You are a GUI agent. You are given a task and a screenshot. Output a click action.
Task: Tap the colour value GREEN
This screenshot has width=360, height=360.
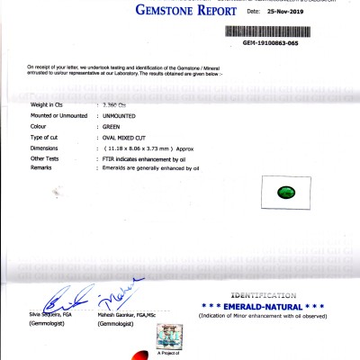click(x=114, y=127)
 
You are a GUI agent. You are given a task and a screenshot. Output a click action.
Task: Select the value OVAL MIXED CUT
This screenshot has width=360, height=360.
click(x=130, y=137)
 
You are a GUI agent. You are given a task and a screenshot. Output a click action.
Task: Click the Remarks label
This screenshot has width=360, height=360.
click(x=43, y=167)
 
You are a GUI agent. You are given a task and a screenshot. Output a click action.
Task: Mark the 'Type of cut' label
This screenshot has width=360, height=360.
click(x=47, y=137)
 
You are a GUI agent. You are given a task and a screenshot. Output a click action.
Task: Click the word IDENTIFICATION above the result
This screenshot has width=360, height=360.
click(x=264, y=295)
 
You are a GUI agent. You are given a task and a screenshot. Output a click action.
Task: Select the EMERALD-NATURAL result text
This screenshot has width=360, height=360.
click(x=264, y=305)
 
